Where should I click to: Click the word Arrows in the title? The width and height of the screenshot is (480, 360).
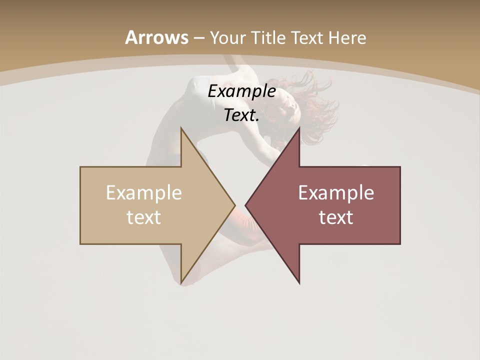point(156,37)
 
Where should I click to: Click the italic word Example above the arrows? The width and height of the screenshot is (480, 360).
point(241,91)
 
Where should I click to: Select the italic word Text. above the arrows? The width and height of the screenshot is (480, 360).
point(241,115)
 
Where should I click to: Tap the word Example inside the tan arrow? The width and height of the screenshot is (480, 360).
point(144,193)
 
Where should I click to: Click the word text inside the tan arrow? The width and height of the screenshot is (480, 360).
point(144,217)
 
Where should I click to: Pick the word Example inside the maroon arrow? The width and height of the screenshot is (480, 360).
point(336,193)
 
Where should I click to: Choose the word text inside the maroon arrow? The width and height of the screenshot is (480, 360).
point(336,217)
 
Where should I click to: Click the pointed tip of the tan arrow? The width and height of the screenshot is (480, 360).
point(234,205)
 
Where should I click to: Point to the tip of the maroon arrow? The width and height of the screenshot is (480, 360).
point(245,205)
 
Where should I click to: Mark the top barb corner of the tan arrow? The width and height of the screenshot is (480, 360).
point(181,128)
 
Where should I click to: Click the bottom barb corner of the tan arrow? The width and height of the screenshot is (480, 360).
point(181,283)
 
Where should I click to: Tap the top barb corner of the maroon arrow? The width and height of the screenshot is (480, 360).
point(299,128)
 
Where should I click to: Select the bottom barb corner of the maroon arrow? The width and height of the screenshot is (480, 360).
point(299,283)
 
